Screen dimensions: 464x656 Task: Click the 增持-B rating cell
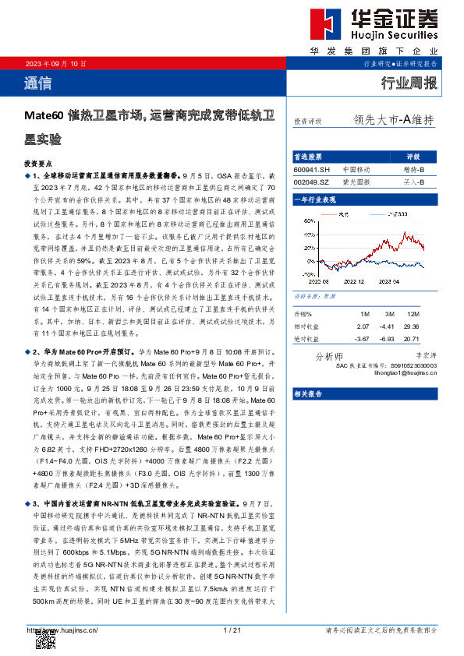(413, 169)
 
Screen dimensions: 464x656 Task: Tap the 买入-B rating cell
(413, 182)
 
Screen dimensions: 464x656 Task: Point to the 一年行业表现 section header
(315, 200)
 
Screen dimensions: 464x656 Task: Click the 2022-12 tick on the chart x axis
(353, 282)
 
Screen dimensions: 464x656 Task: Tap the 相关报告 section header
(309, 394)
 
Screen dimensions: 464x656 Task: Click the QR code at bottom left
(45, 640)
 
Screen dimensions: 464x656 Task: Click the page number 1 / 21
(232, 630)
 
